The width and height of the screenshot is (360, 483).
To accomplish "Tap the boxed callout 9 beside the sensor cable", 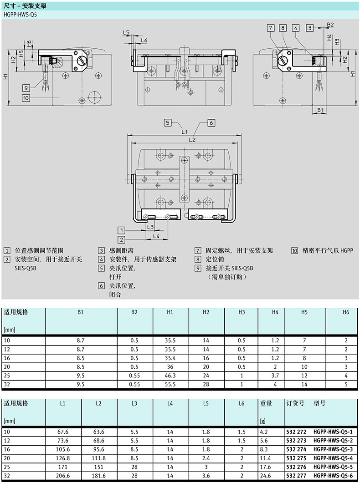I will coord(26,87).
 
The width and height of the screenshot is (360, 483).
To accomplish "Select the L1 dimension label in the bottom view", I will coord(184,132).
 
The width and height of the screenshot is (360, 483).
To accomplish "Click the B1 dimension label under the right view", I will coord(320,110).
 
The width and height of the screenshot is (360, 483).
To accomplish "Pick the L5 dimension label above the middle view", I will coord(127,33).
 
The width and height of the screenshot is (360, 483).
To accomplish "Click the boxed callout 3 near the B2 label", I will coord(310,28).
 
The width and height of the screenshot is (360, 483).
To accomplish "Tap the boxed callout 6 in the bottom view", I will coord(211,122).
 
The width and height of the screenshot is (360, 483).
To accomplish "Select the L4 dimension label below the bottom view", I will coord(156,236).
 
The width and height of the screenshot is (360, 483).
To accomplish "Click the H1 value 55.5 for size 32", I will coord(170,385).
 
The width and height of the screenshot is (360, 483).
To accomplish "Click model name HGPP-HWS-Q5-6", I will coord(333,476).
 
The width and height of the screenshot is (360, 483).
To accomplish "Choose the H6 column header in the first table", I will coord(346,312).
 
